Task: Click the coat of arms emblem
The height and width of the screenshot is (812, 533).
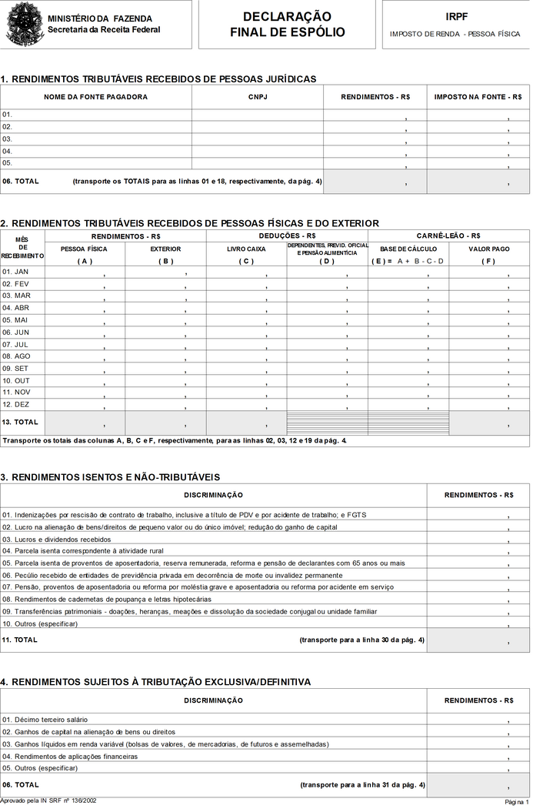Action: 22,25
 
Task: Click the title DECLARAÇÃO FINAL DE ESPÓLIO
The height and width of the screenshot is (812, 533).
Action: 287,25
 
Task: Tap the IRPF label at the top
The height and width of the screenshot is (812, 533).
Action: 456,16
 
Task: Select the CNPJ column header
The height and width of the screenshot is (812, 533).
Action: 257,97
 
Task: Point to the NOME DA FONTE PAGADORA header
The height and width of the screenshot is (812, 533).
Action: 95,97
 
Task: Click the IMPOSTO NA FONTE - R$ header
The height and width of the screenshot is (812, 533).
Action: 478,97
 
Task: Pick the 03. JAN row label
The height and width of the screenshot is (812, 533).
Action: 15,272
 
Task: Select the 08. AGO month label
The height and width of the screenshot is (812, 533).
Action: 16,356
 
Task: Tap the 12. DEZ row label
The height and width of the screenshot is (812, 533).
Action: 15,404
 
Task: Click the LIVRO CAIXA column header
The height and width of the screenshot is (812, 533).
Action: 246,249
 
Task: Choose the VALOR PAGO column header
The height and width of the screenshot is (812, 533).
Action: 488,249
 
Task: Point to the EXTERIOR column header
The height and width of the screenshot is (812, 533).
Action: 165,249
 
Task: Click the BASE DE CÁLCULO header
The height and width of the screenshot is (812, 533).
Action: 408,249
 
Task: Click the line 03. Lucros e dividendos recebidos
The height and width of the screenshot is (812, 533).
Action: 57,540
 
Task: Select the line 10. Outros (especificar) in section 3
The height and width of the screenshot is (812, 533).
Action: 40,623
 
